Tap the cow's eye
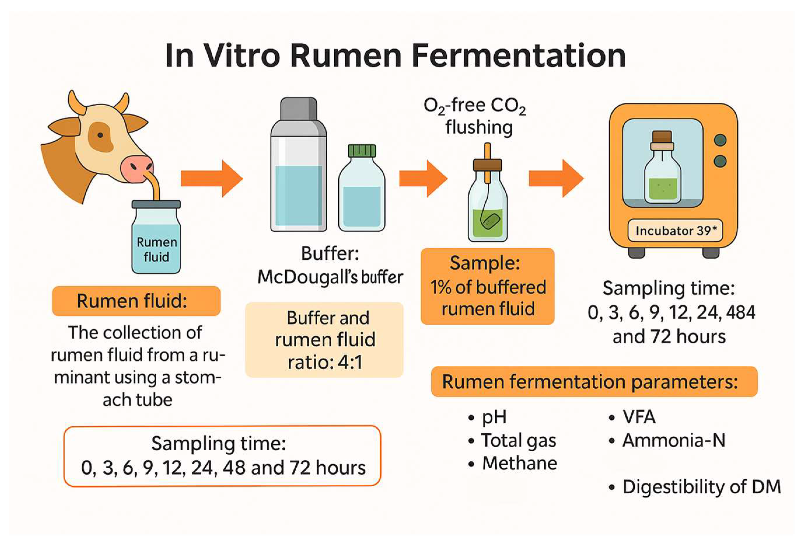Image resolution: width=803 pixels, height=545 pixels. pos(100,135)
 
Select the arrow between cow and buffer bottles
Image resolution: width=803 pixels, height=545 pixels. pos(211,179)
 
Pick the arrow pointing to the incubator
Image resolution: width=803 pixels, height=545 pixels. pos(556,179)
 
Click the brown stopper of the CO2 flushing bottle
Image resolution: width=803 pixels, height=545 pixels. pos(487,165)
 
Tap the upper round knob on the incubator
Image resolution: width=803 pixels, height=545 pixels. pos(720,140)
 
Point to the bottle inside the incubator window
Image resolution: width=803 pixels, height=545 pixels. pos(663,169)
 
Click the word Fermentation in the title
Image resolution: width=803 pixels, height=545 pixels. pos(518,56)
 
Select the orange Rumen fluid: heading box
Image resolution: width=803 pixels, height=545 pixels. pos(136,301)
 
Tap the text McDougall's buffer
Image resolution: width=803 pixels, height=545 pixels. pos(330,277)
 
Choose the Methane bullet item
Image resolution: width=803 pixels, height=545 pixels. pos(519,463)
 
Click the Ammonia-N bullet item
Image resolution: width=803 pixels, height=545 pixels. pos(673,440)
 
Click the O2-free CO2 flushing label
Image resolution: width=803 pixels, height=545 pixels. pos(475,116)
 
